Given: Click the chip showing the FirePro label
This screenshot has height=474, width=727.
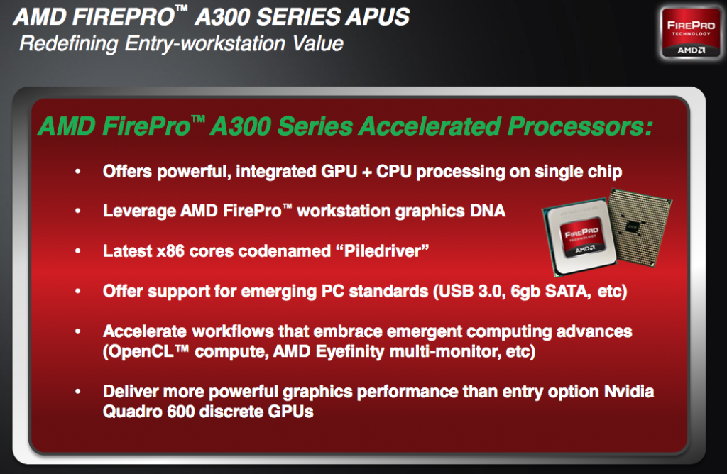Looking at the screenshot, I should [580, 241].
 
